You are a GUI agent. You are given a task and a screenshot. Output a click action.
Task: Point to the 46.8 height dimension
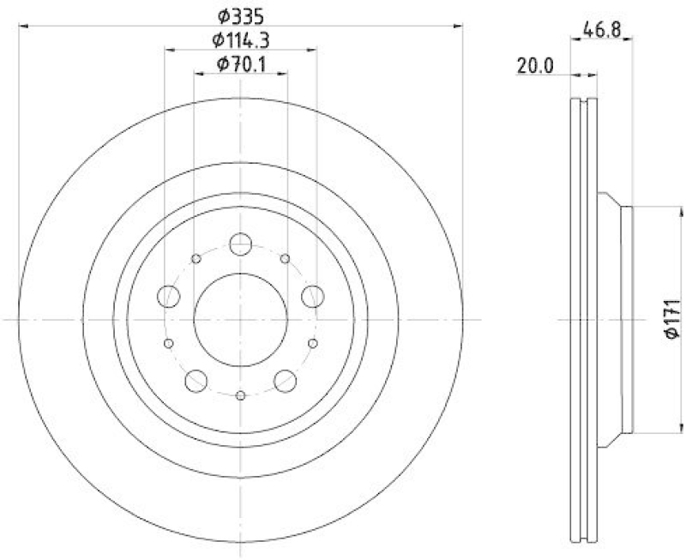(601, 27)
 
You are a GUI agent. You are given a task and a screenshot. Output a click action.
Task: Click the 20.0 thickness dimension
(534, 64)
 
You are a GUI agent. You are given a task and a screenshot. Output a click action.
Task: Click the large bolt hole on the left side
(169, 296)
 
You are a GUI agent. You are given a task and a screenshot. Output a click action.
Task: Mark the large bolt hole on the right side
(312, 296)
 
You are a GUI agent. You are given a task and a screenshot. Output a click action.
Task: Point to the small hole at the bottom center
(240, 394)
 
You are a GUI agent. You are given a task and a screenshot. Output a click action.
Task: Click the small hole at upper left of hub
(196, 258)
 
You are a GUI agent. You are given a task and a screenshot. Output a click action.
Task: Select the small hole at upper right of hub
(285, 258)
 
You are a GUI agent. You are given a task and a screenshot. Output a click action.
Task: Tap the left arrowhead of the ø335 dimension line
(21, 27)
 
